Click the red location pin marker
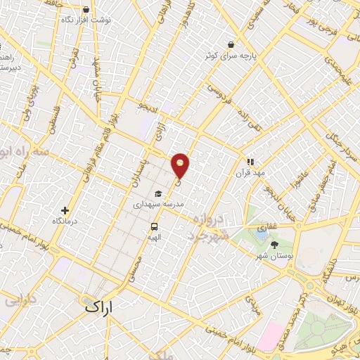pyautogui.click(x=181, y=165)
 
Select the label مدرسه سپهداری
pyautogui.click(x=158, y=203)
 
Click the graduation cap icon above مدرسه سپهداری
pyautogui.click(x=158, y=193)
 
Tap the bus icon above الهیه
pyautogui.click(x=153, y=226)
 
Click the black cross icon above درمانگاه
pyautogui.click(x=65, y=210)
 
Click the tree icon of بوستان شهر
pyautogui.click(x=274, y=244)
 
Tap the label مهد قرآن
pyautogui.click(x=250, y=172)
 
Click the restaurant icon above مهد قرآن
pyautogui.click(x=250, y=161)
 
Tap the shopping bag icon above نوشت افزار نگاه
pyautogui.click(x=86, y=11)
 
